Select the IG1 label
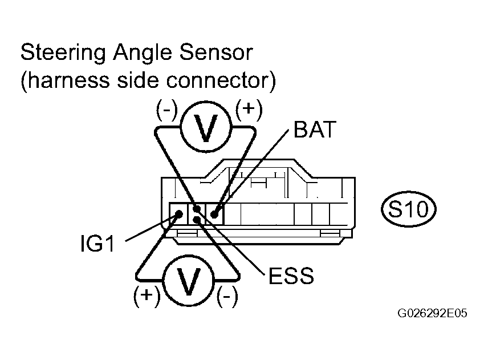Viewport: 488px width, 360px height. point(97,245)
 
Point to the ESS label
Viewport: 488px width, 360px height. point(291,277)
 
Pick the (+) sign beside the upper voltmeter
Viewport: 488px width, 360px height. point(249,111)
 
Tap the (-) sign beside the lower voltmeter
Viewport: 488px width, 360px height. point(227,297)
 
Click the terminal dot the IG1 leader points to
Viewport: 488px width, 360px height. point(178,215)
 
